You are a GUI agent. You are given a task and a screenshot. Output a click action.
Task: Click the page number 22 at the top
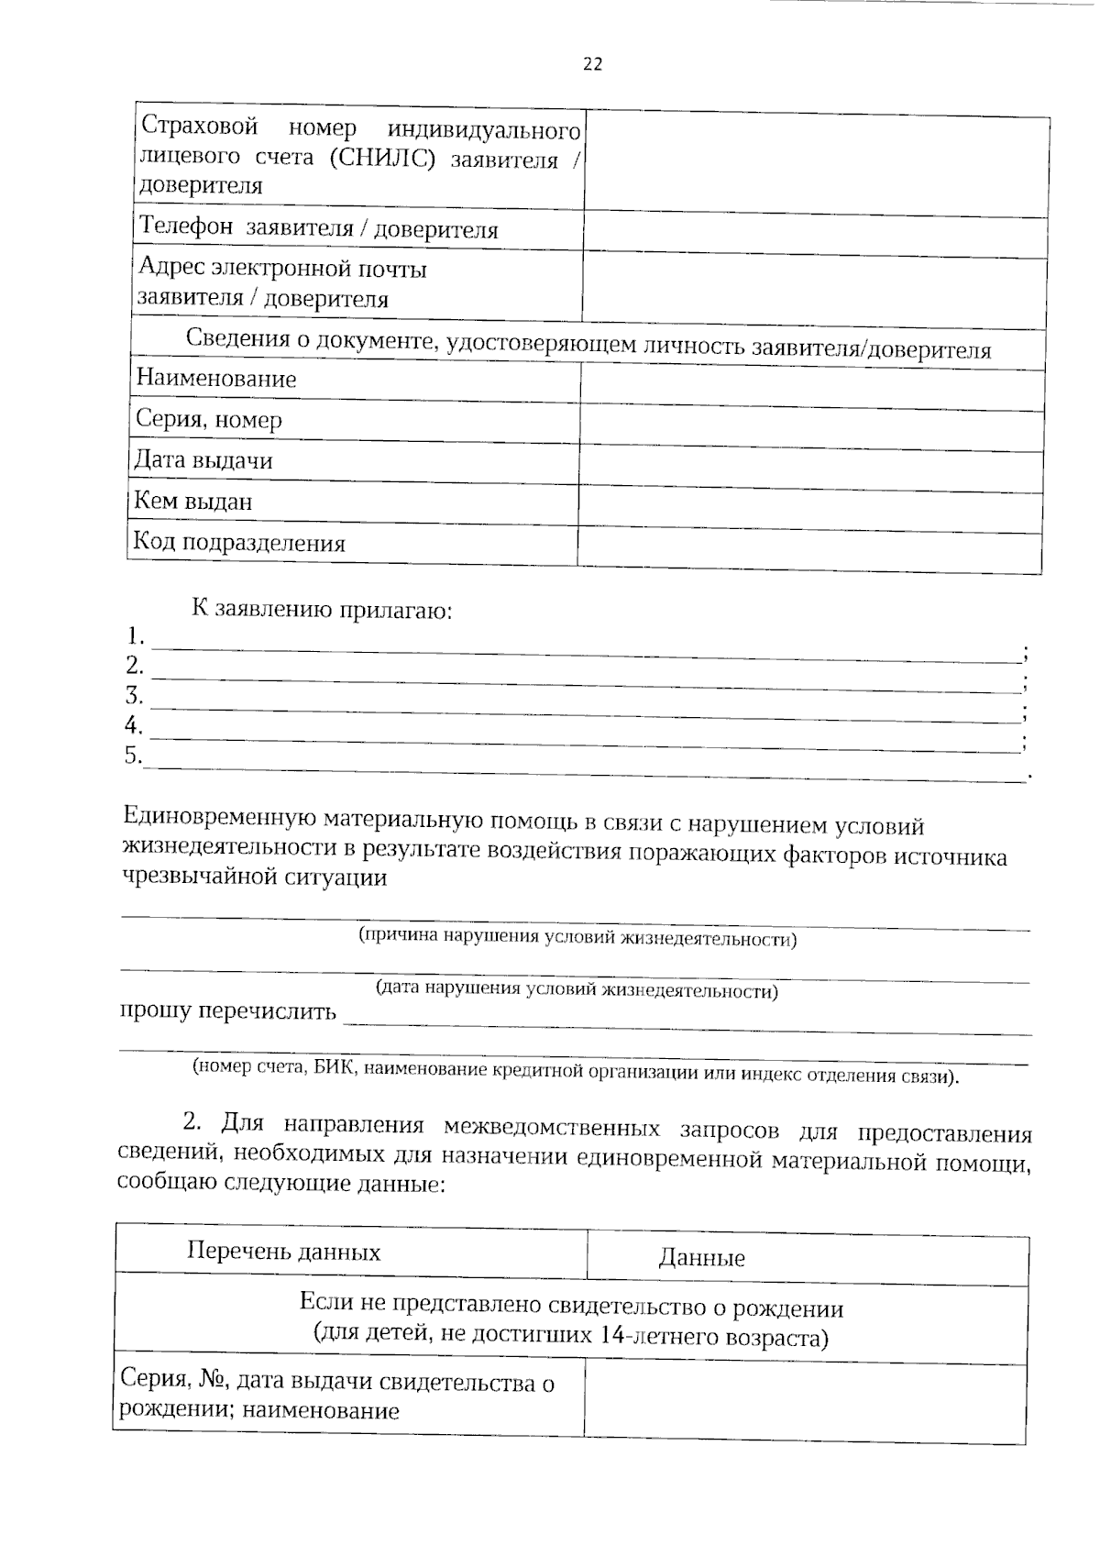[x=592, y=64]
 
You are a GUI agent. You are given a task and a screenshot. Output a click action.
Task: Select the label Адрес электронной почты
[x=282, y=270]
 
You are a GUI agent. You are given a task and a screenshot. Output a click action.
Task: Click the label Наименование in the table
[x=216, y=379]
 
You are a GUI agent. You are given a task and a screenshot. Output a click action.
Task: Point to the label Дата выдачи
[x=203, y=460]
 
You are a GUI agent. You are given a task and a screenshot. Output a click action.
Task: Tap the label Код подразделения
[x=239, y=543]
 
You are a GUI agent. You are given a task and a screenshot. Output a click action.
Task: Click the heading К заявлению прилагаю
[x=321, y=609]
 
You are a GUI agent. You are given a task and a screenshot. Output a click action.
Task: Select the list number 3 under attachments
[x=134, y=694]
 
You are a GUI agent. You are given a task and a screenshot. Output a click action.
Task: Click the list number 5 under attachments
[x=134, y=755]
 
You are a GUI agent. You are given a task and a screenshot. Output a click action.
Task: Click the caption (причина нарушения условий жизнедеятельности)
[x=577, y=938]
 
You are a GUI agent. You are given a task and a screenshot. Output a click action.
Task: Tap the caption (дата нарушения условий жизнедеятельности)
[x=577, y=989]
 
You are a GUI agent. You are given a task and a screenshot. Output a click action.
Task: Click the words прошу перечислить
[x=228, y=1011]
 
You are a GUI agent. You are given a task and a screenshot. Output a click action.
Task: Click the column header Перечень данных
[x=283, y=1252]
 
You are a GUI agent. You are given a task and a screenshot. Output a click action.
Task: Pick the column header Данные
[x=701, y=1258]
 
